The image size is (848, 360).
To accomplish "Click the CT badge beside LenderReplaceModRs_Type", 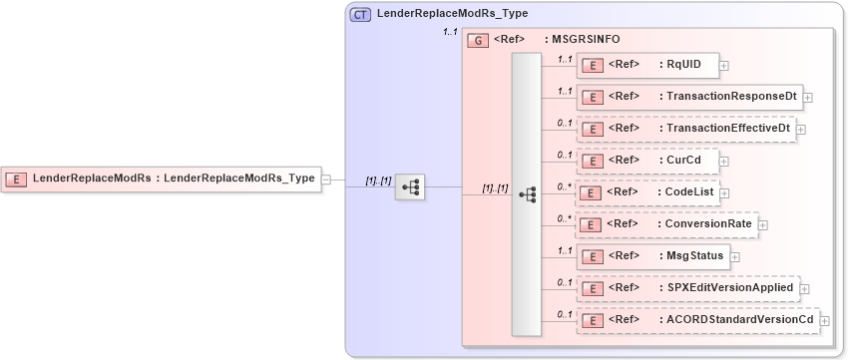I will click(360, 14).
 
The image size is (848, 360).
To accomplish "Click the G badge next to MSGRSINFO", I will click(478, 41).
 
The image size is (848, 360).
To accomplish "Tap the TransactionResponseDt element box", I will click(689, 97).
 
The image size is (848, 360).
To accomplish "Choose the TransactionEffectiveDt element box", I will click(685, 129).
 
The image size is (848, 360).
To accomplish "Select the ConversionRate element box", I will click(666, 224).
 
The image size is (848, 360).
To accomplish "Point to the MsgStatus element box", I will click(652, 256).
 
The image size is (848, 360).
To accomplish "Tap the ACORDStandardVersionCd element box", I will click(697, 320).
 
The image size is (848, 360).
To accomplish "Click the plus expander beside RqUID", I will click(723, 66).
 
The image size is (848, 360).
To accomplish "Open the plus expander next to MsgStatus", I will click(734, 257).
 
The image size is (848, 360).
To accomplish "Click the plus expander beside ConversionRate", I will click(763, 225).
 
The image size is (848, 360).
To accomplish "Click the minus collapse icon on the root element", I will click(326, 179).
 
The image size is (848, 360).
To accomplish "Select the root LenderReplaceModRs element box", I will click(160, 179).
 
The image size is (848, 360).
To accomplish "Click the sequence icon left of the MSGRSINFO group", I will click(410, 185).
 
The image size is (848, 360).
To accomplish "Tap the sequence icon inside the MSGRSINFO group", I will click(527, 193).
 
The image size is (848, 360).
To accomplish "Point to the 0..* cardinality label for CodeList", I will click(565, 185).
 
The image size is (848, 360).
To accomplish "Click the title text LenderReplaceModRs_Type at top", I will click(452, 14).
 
